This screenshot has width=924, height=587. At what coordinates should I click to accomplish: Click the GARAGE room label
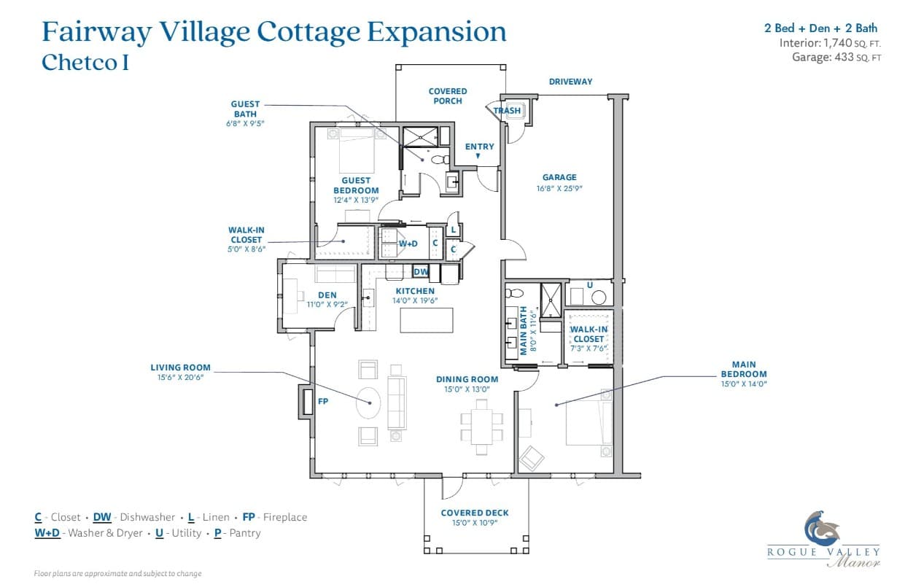[x=559, y=177]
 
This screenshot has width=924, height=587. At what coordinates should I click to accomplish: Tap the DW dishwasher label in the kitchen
[x=421, y=272]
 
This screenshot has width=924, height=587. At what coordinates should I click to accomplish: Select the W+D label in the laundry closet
[x=408, y=244]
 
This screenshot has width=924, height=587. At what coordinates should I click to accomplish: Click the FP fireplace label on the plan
[x=323, y=401]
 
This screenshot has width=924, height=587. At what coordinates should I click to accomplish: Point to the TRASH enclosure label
[x=507, y=111]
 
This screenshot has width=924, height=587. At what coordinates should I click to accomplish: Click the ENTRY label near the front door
[x=479, y=147]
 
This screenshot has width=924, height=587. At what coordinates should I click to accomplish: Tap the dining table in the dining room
[x=482, y=426]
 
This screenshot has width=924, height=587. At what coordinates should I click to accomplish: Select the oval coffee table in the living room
[x=368, y=403]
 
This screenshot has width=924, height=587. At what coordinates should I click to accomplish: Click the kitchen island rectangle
[x=427, y=320]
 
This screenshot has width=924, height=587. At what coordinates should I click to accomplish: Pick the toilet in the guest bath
[x=440, y=159]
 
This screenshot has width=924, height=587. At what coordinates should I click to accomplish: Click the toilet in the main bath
[x=514, y=293]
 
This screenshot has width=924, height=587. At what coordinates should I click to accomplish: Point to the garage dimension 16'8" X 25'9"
[x=559, y=189]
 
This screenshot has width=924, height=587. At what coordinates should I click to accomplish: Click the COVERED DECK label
[x=475, y=513]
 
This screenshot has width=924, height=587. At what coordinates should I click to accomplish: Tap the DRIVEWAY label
[x=570, y=82]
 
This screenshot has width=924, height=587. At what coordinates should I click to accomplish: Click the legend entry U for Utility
[x=178, y=533]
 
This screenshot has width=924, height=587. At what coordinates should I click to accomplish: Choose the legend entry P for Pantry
[x=238, y=533]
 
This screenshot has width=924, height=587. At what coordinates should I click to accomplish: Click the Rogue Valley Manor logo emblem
[x=822, y=529]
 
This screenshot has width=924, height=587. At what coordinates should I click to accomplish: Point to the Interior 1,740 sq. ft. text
[x=830, y=43]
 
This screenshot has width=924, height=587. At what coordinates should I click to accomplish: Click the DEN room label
[x=327, y=295]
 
